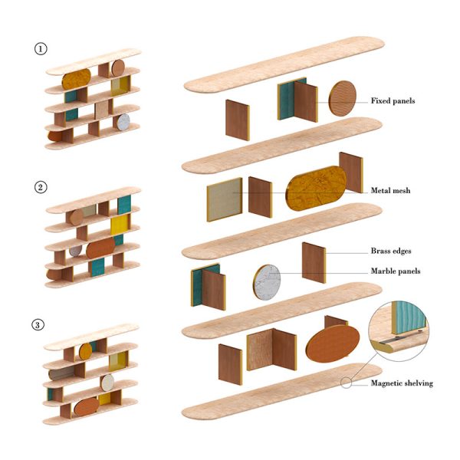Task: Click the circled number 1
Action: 40,48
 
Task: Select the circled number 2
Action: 40,186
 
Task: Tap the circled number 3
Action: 40,324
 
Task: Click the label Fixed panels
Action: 393,100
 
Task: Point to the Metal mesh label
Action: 391,189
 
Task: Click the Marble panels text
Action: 396,271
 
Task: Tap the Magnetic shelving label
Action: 401,383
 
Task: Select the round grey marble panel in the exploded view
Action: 265,282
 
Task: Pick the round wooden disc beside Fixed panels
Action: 343,102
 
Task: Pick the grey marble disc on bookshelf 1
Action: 123,122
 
